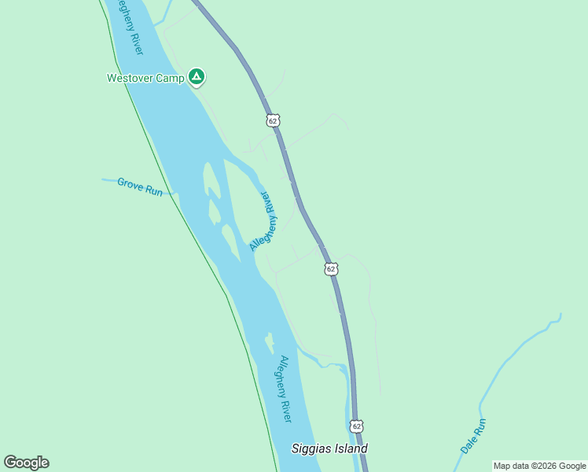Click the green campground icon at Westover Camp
point(197,77)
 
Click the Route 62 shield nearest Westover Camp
point(272,120)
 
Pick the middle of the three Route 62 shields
point(331,269)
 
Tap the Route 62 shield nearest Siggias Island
point(357,426)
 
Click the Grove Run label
point(140,186)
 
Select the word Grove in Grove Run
point(130,184)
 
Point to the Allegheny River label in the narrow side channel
point(264,221)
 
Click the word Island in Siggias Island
point(351,449)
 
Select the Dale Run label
point(474,435)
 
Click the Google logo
point(26,463)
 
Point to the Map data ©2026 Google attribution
point(539,466)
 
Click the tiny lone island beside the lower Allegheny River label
point(270,344)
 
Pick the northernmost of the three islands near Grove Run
point(211,179)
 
